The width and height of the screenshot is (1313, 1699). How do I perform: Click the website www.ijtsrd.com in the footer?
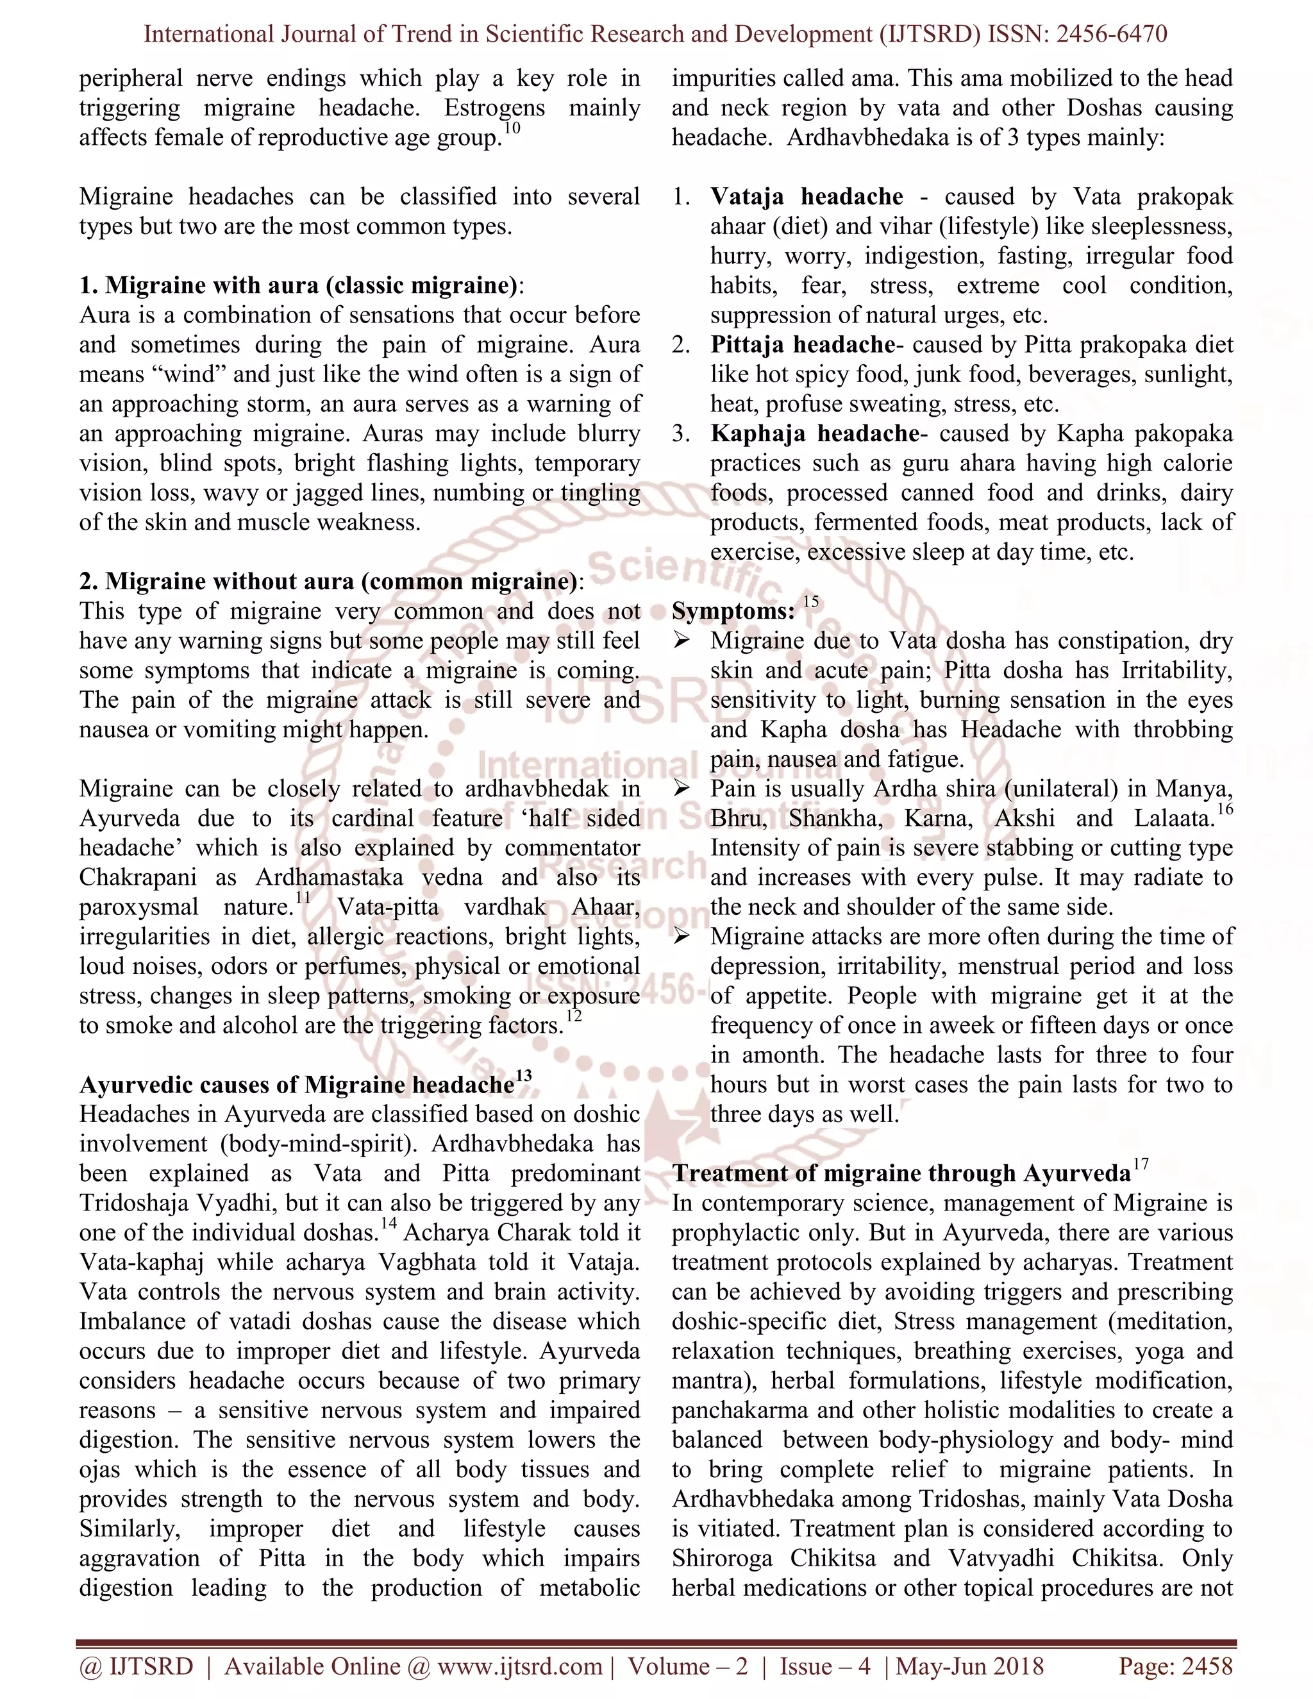point(519,1666)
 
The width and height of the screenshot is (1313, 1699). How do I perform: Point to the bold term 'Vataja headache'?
point(807,197)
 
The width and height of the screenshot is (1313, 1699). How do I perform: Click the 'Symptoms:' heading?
point(733,612)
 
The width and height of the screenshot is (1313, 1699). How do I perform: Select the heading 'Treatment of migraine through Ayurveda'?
point(901,1173)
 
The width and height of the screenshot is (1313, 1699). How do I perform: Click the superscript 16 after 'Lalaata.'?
point(1225,810)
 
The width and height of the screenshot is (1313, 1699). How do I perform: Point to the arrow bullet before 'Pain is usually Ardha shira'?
point(682,789)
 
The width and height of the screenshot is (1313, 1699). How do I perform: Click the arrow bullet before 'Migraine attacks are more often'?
point(682,937)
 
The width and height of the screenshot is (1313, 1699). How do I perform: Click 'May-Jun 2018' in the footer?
point(969,1666)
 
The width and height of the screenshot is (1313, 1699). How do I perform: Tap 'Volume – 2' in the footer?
point(688,1666)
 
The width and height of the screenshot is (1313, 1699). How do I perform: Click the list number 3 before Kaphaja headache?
point(681,433)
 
